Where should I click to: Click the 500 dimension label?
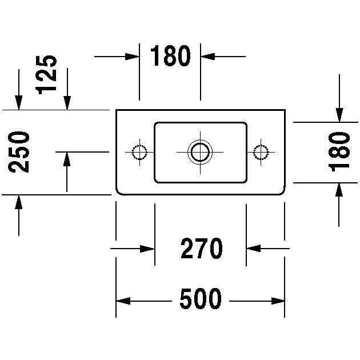click(200, 299)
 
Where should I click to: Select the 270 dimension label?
click(201, 249)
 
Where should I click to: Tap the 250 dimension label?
click(19, 151)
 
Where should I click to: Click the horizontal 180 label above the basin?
click(170, 57)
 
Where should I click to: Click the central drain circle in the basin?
click(200, 151)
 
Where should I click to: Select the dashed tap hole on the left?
click(139, 152)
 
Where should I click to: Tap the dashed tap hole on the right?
click(262, 152)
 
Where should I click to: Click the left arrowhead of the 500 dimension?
click(123, 301)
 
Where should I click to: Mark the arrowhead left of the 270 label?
click(148, 249)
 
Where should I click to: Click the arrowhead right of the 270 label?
click(253, 249)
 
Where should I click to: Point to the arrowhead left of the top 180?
click(133, 57)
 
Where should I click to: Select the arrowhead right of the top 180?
click(207, 57)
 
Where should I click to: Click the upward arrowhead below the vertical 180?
click(339, 189)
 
